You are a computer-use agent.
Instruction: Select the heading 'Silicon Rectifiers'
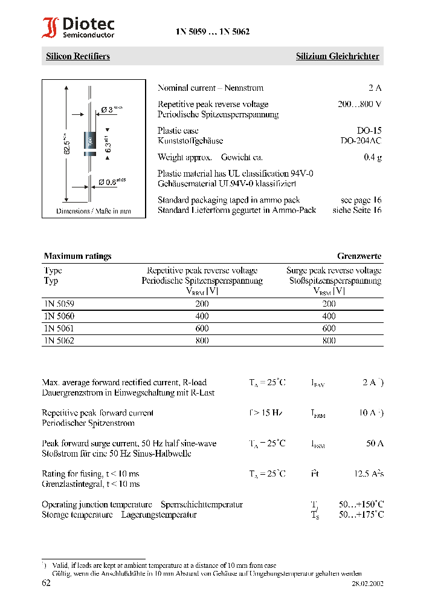click(x=78, y=56)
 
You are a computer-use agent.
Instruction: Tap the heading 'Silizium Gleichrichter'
click(x=337, y=56)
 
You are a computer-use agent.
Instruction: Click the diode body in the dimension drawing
click(x=89, y=143)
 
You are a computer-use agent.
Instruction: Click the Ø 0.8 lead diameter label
click(x=112, y=181)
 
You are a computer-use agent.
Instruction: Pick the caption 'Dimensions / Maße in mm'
click(x=94, y=212)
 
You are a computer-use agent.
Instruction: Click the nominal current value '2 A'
click(x=375, y=88)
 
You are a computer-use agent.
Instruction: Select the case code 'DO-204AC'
click(x=361, y=141)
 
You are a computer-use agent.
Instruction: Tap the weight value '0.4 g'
click(x=372, y=157)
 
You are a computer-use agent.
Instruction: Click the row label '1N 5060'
click(x=59, y=316)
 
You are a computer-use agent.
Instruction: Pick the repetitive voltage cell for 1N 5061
click(x=202, y=328)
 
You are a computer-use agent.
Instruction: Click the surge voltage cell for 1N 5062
click(x=329, y=340)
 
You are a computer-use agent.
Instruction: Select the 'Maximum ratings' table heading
click(x=77, y=256)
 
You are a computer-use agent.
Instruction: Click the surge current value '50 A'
click(x=375, y=444)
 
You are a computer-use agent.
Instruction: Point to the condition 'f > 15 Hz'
click(x=266, y=413)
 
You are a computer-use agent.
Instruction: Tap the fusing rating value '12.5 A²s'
click(x=369, y=474)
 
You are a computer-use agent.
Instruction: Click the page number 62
click(x=47, y=584)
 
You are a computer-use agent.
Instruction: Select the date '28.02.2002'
click(x=367, y=584)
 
